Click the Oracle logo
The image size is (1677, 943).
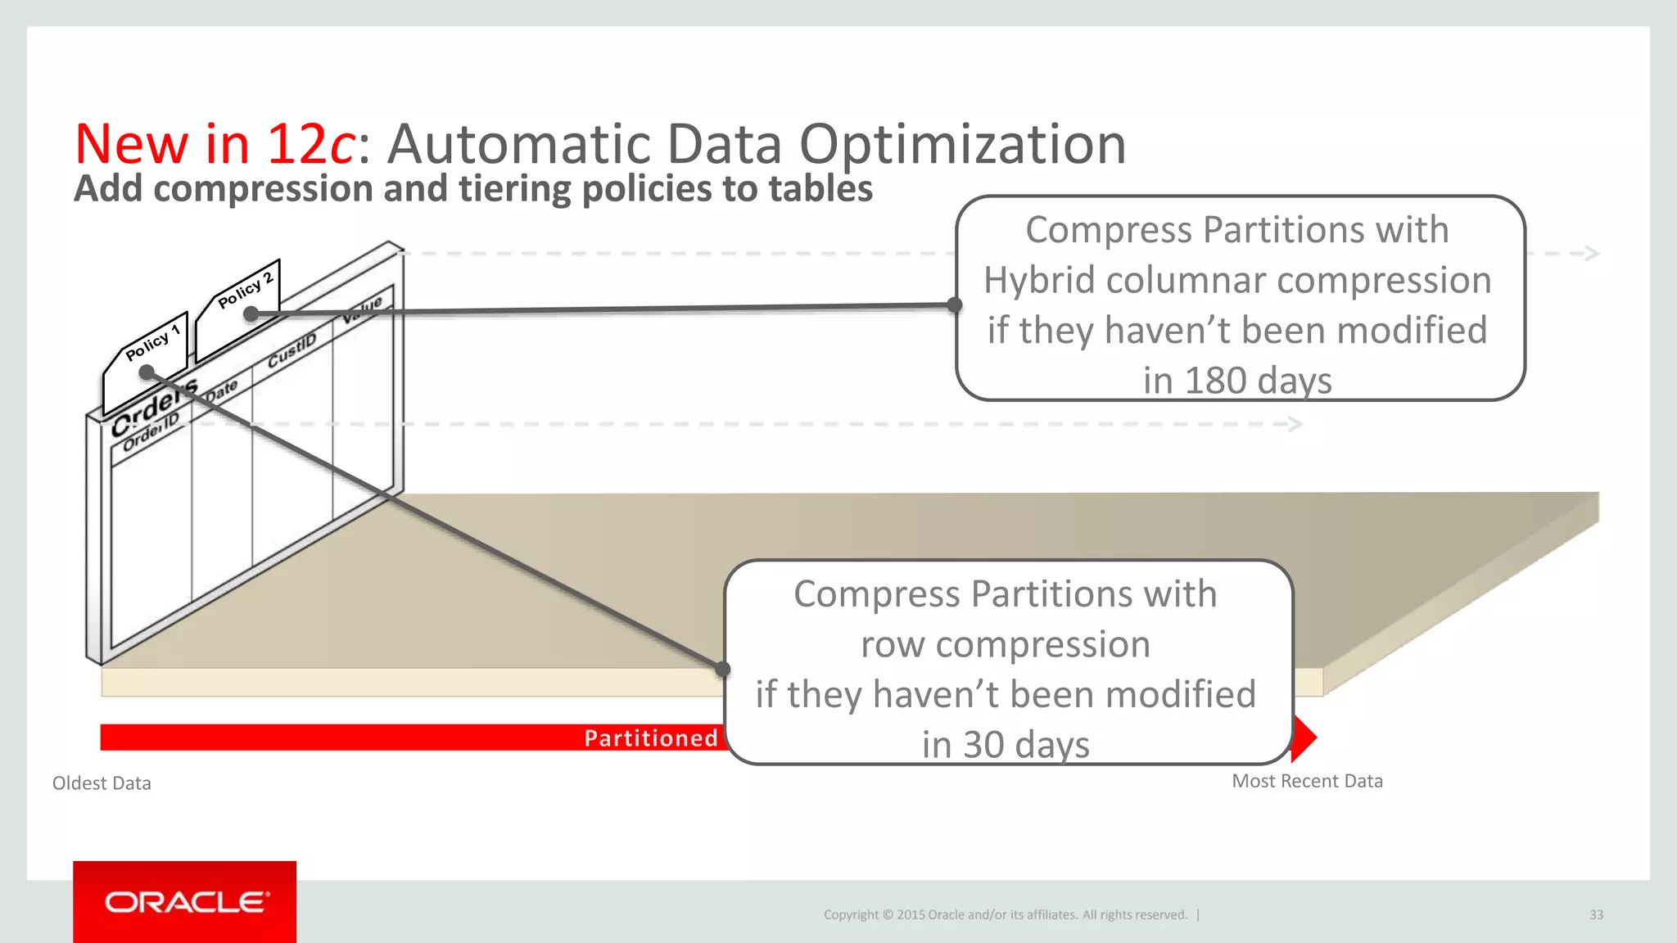point(185,902)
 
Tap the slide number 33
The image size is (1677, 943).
point(1596,915)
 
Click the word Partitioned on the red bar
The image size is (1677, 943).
point(651,738)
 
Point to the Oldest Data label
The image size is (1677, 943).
point(102,783)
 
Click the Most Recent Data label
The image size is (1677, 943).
point(1307,781)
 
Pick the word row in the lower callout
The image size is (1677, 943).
point(893,644)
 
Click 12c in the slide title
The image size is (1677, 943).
point(310,144)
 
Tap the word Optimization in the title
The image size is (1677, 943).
point(962,144)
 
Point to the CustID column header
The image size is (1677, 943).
point(292,350)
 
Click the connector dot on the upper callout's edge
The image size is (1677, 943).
point(954,305)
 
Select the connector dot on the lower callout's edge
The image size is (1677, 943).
point(722,670)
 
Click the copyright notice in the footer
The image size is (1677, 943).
point(1005,915)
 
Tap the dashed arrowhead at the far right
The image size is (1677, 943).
point(1591,253)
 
